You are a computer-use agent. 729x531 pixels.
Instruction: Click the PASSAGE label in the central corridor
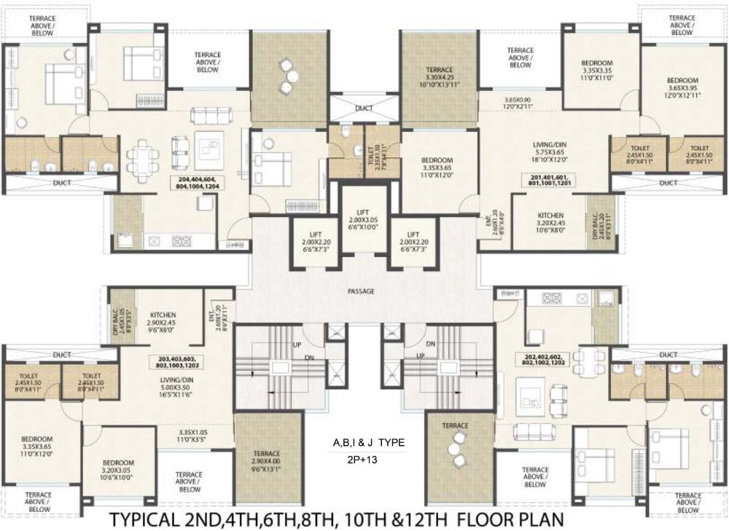tap(360, 291)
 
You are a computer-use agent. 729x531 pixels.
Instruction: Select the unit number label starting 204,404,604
tap(196, 183)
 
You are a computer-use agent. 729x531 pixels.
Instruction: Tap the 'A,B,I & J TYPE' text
tap(368, 443)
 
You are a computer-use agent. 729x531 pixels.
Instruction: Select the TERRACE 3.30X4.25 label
tap(440, 77)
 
